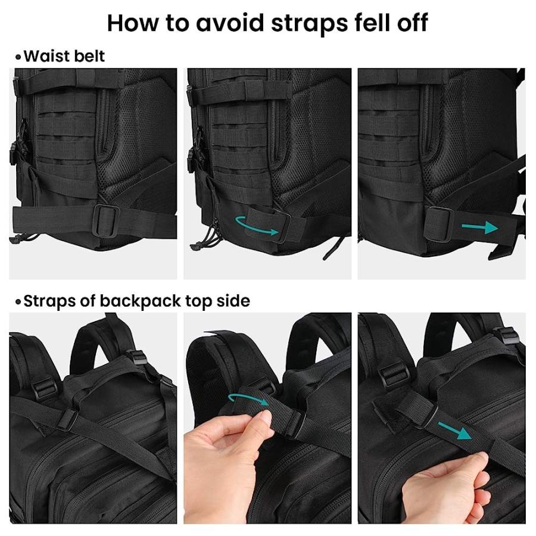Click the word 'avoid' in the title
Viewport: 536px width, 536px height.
coord(226,23)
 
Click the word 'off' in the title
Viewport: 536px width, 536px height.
coord(410,23)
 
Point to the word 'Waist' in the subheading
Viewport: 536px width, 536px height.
coord(48,56)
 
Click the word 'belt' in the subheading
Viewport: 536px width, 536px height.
coord(90,56)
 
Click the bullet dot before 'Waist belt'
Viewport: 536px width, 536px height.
coord(18,57)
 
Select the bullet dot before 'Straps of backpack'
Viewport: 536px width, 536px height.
coord(18,302)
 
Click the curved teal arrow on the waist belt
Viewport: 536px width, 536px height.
coord(257,226)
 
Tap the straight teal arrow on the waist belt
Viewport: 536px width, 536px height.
coord(479,227)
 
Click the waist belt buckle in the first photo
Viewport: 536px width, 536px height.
coord(107,214)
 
